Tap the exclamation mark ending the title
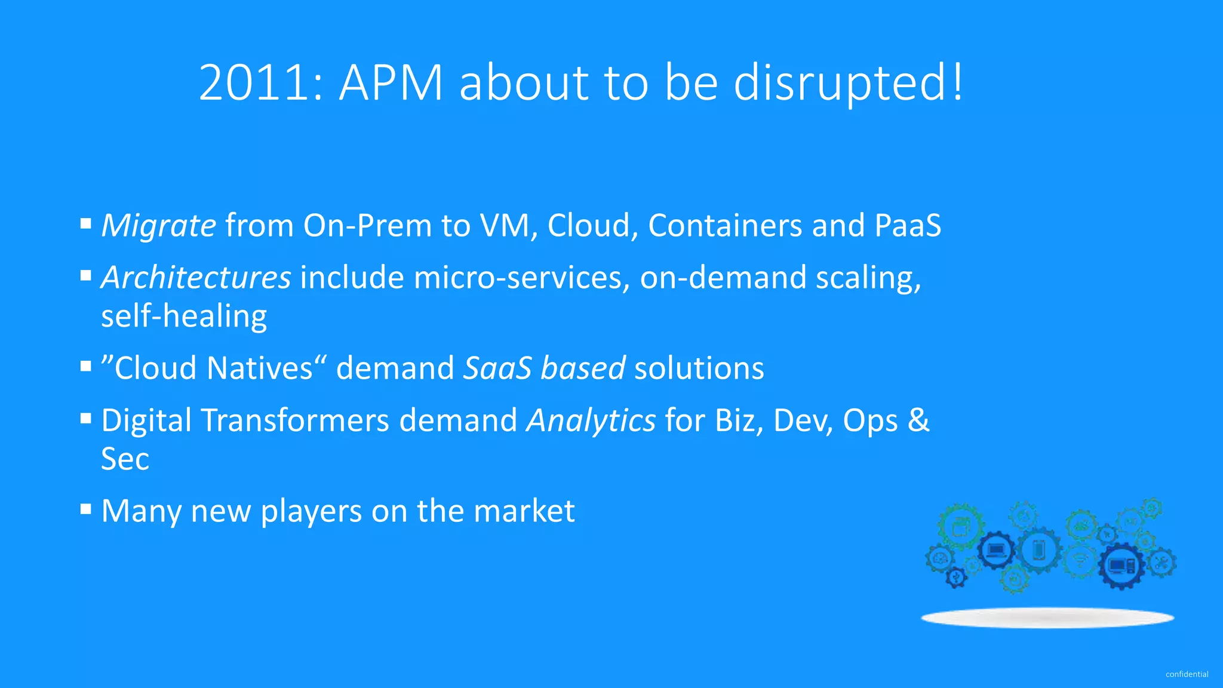[957, 82]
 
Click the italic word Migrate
[158, 226]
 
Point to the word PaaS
[908, 226]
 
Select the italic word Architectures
[196, 278]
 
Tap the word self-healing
[184, 317]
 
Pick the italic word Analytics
[591, 420]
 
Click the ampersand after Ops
[918, 420]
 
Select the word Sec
[125, 459]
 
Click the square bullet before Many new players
[86, 509]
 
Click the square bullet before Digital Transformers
[86, 419]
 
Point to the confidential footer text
[1187, 674]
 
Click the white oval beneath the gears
[1047, 618]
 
